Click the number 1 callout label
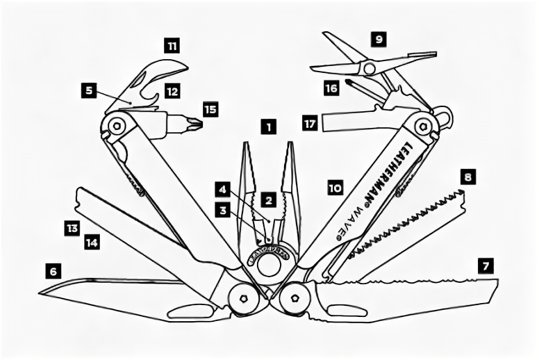[268, 127]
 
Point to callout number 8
[469, 177]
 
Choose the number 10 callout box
[335, 187]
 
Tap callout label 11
[172, 47]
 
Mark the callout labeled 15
[210, 109]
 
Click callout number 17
[310, 124]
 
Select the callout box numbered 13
[72, 227]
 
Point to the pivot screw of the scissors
[369, 67]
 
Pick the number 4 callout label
[222, 188]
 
